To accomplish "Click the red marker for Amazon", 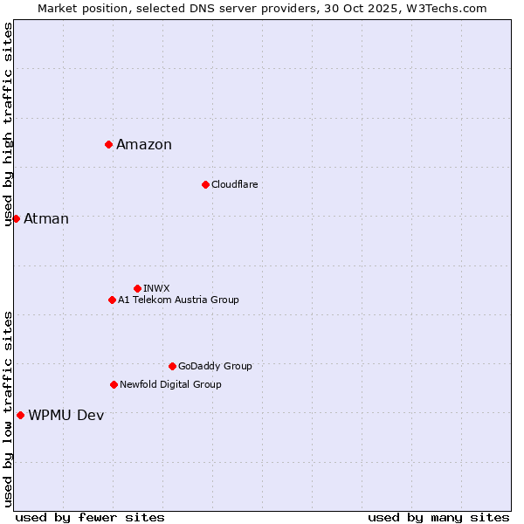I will coord(108,144).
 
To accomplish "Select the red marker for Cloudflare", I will coord(205,184).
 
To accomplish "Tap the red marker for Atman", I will coord(16,218).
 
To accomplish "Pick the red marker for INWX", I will coord(137,288).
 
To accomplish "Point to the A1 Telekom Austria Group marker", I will coord(112,300).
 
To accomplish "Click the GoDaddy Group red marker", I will coord(172,366).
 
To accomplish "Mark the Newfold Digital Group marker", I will coord(114,384).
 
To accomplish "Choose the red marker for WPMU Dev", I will coord(20,415).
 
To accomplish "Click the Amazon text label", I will coord(144,145).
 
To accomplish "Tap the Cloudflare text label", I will coord(234,184).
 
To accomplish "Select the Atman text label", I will coord(46,219).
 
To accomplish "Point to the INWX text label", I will coord(156,288).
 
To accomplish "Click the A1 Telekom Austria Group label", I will coord(178,300).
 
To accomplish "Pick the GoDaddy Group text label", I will coord(215,366).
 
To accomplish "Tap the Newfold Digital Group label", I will coord(170,384).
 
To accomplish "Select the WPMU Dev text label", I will coord(66,416).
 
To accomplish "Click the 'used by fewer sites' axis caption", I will coord(90,517).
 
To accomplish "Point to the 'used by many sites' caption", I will coord(438,517).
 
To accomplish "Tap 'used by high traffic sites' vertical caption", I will coord(8,124).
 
